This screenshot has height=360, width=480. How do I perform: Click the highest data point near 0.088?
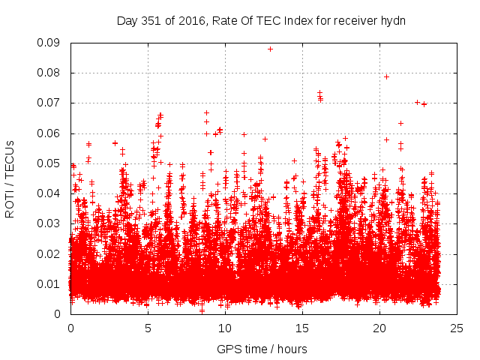(270, 49)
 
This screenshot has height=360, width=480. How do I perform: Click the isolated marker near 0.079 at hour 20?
(386, 76)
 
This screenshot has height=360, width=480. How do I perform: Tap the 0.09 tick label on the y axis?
(49, 43)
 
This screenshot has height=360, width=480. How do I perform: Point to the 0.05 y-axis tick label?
(49, 163)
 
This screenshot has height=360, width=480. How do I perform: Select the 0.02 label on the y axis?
(49, 253)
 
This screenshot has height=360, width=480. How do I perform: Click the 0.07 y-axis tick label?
(49, 103)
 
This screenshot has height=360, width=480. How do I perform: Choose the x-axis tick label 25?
(457, 328)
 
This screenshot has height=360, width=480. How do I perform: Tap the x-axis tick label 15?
(302, 328)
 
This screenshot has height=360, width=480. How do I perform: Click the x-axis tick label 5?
(148, 328)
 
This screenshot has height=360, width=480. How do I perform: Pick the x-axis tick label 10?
(225, 328)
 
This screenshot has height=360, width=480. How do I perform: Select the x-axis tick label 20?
(379, 328)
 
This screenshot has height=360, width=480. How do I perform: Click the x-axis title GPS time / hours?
(263, 349)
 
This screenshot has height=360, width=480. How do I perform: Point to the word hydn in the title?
(392, 20)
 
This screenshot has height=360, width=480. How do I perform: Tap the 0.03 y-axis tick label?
(49, 223)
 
